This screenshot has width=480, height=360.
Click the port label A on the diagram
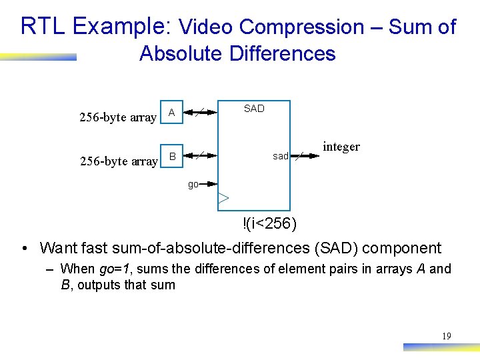tap(172, 113)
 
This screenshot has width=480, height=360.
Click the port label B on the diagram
tap(172, 157)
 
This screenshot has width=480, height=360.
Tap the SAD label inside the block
tap(254, 109)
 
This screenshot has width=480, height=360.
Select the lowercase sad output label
tap(280, 156)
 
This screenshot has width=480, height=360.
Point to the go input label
tap(193, 184)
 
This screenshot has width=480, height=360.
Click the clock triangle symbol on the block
tap(223, 198)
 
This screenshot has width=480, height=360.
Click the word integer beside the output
tap(341, 147)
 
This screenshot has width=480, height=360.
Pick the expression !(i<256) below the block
tap(270, 223)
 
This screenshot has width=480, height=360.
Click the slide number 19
tap(446, 336)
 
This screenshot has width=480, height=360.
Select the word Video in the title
tap(207, 27)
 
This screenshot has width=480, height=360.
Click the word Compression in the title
tap(301, 27)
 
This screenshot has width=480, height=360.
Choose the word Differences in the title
tap(282, 53)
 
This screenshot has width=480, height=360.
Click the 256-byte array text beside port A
tap(118, 118)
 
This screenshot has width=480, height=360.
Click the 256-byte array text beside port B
tap(118, 161)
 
